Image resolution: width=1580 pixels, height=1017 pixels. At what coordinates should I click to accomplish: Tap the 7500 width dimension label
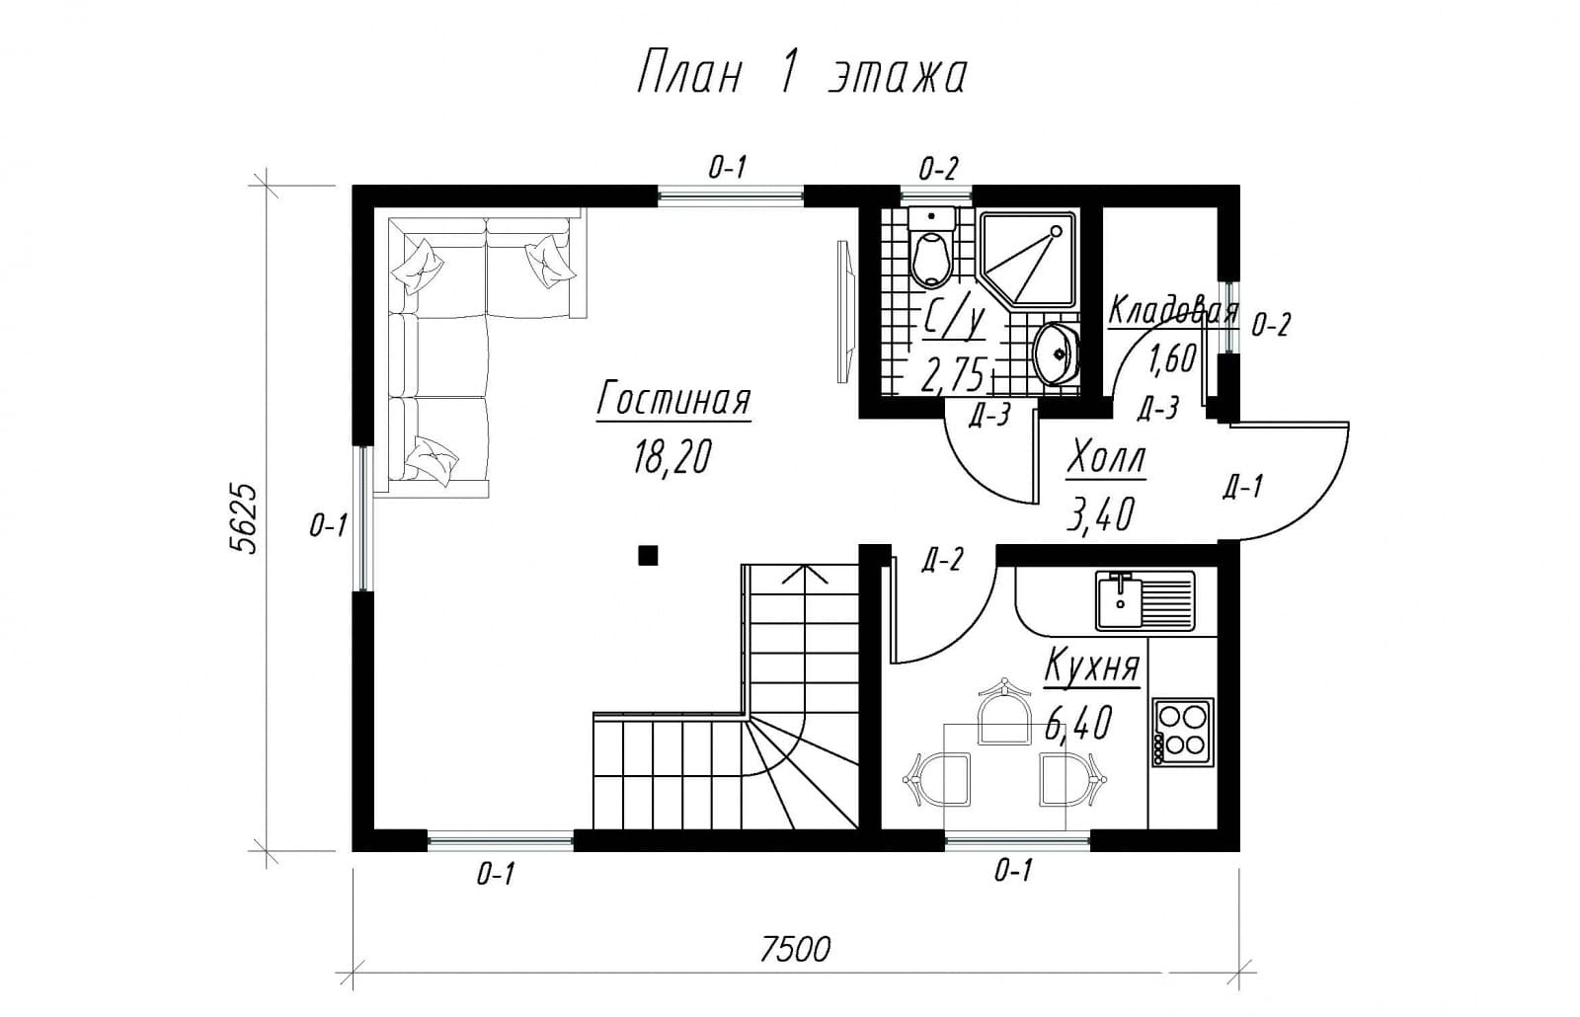[795, 949]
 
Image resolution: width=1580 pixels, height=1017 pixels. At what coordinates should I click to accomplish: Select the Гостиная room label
[673, 400]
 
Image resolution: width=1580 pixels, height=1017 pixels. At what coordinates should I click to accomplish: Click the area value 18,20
[672, 455]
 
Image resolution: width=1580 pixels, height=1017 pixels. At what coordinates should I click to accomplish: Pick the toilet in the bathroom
[932, 248]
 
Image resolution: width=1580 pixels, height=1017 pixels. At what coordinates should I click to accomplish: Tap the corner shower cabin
[1029, 260]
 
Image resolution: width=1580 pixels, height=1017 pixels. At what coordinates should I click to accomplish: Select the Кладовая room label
[1173, 311]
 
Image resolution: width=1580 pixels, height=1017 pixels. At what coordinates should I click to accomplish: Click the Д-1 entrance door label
[1243, 487]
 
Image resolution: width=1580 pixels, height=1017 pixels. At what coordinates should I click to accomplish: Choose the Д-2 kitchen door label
[942, 560]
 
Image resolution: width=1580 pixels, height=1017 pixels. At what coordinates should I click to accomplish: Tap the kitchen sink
[1145, 600]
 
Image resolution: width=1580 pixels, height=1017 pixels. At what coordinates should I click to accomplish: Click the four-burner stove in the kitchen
[1183, 732]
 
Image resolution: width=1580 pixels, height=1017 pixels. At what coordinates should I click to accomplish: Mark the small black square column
[648, 556]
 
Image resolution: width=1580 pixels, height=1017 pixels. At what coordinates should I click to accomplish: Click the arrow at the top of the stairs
[804, 574]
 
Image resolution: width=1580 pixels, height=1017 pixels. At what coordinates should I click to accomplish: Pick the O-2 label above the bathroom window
[938, 169]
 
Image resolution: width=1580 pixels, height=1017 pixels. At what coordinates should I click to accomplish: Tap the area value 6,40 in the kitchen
[1079, 723]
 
